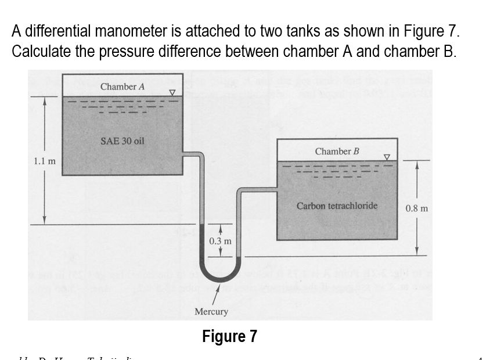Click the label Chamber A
[122, 87]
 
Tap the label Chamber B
[337, 152]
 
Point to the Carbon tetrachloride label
[337, 206]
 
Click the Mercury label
[211, 312]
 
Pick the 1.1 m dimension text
[44, 161]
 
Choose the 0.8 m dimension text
[417, 208]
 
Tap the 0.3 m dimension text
[220, 240]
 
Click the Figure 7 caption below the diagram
[229, 336]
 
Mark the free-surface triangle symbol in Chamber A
[172, 92]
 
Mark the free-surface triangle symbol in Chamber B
[387, 157]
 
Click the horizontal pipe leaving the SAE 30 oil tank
[191, 154]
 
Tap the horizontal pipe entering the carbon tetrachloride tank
[258, 189]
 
